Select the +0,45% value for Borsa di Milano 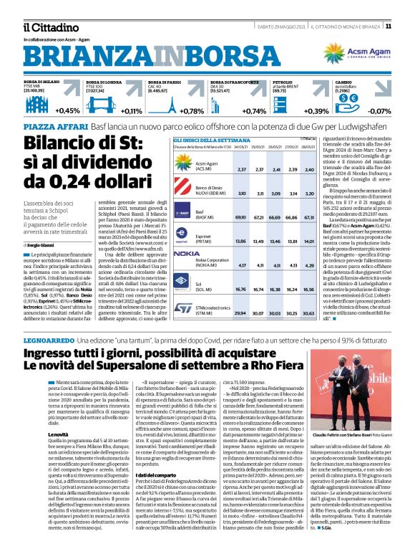point(67,111)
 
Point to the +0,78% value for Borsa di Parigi point(191,111)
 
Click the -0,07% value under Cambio point(379,111)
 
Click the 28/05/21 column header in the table point(308,146)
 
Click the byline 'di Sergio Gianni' point(40,246)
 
